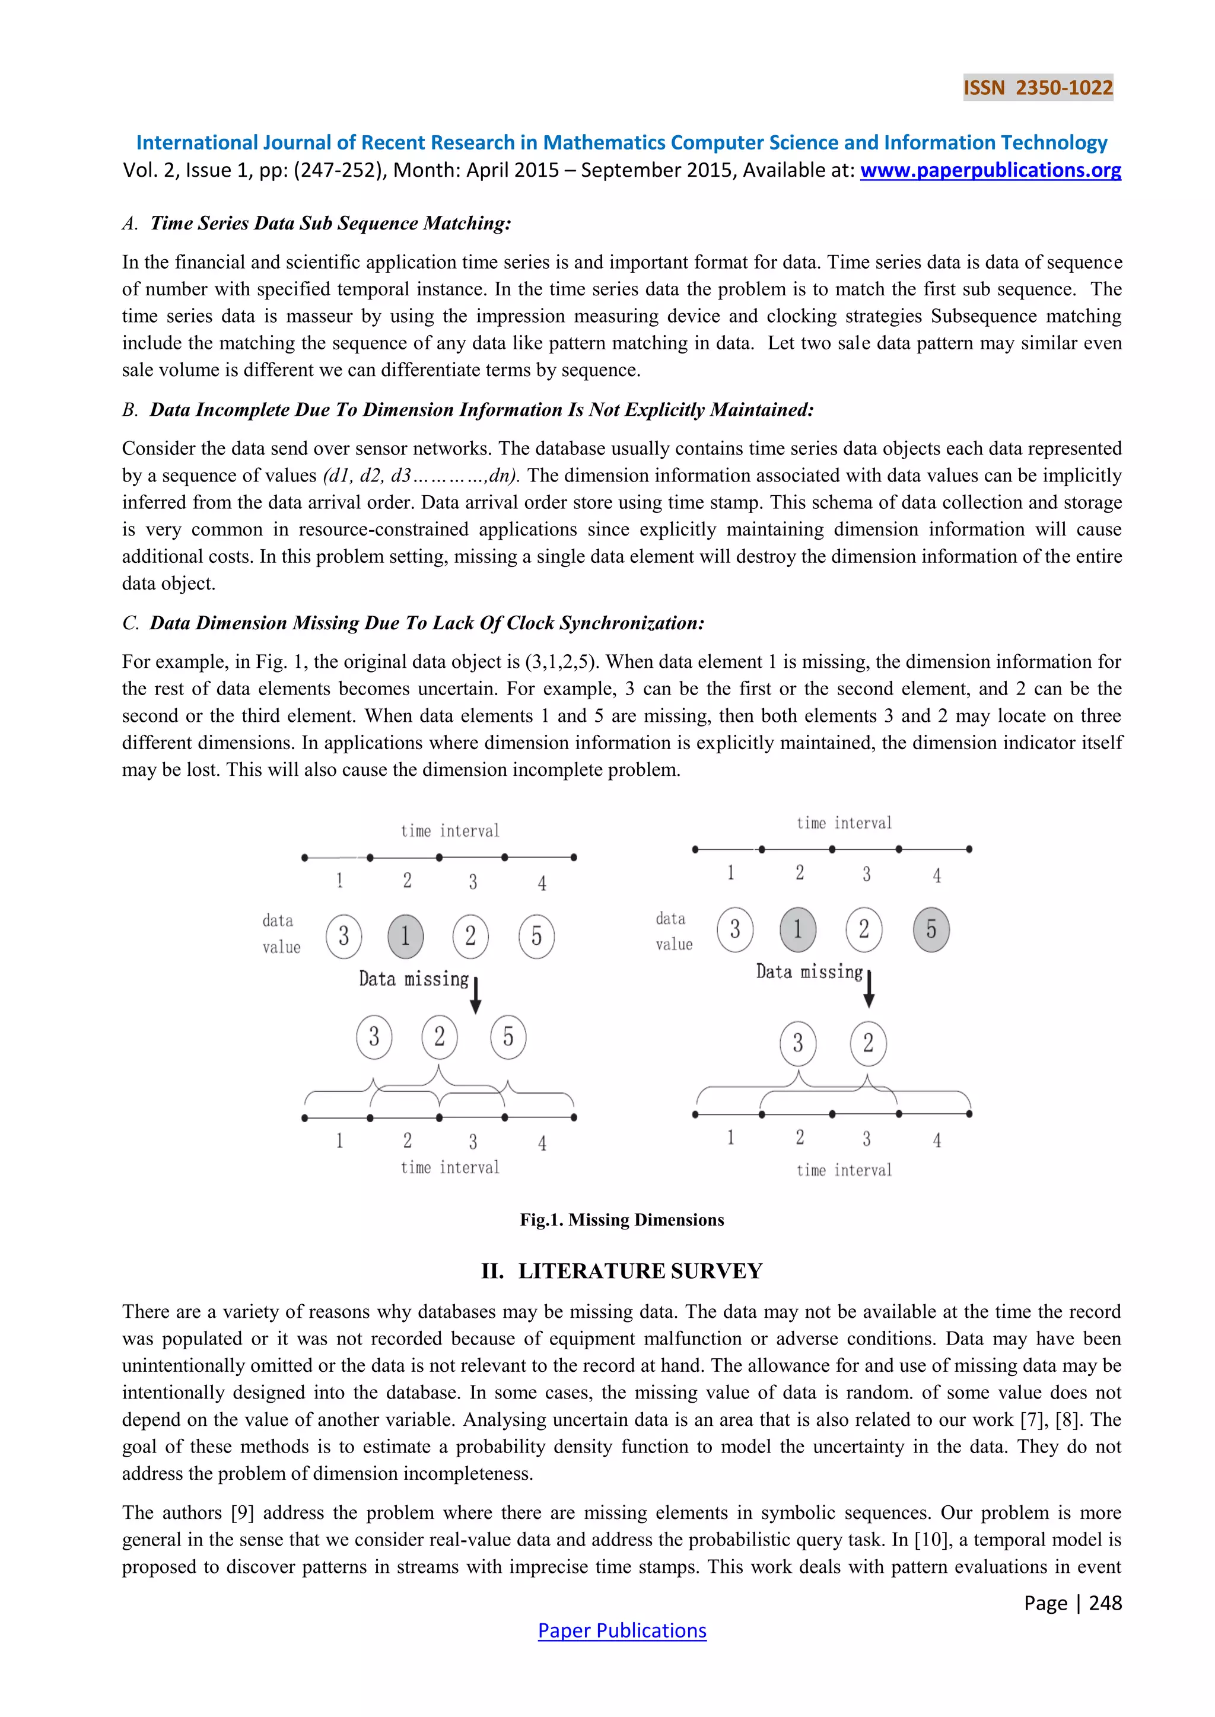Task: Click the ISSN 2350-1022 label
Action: pyautogui.click(x=1038, y=88)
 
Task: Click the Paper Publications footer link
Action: pyautogui.click(x=622, y=1630)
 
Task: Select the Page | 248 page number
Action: pyautogui.click(x=1072, y=1603)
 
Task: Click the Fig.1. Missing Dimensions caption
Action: pyautogui.click(x=622, y=1220)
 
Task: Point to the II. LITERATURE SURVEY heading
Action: pyautogui.click(x=622, y=1272)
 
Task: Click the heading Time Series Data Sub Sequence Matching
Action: pyautogui.click(x=330, y=223)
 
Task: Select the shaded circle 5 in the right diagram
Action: pyautogui.click(x=931, y=929)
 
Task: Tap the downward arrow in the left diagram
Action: pyautogui.click(x=476, y=995)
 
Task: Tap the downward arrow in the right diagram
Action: pyautogui.click(x=869, y=989)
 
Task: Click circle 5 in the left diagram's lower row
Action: pyautogui.click(x=508, y=1037)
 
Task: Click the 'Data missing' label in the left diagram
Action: pyautogui.click(x=413, y=979)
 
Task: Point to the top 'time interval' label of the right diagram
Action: pyautogui.click(x=844, y=823)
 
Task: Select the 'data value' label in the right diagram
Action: pyautogui.click(x=674, y=931)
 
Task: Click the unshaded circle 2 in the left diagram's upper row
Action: pyautogui.click(x=470, y=935)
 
